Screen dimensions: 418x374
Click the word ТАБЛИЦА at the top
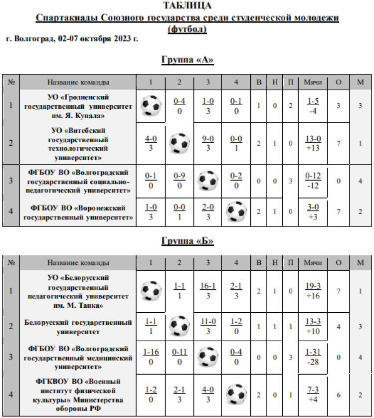coord(187,5)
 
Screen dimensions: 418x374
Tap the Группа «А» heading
coord(187,60)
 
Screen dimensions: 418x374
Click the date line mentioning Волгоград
coord(72,38)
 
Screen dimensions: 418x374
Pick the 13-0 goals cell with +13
coord(313,143)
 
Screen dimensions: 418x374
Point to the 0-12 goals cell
coord(313,181)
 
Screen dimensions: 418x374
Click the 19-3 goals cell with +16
coord(313,290)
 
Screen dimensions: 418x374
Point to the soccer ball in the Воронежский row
coord(236,212)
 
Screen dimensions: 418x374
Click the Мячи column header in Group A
coord(313,82)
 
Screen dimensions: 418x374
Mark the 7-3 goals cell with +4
coord(313,394)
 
